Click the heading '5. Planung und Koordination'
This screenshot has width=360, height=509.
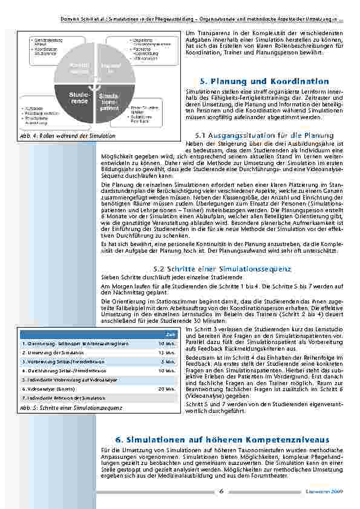click(263, 81)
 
